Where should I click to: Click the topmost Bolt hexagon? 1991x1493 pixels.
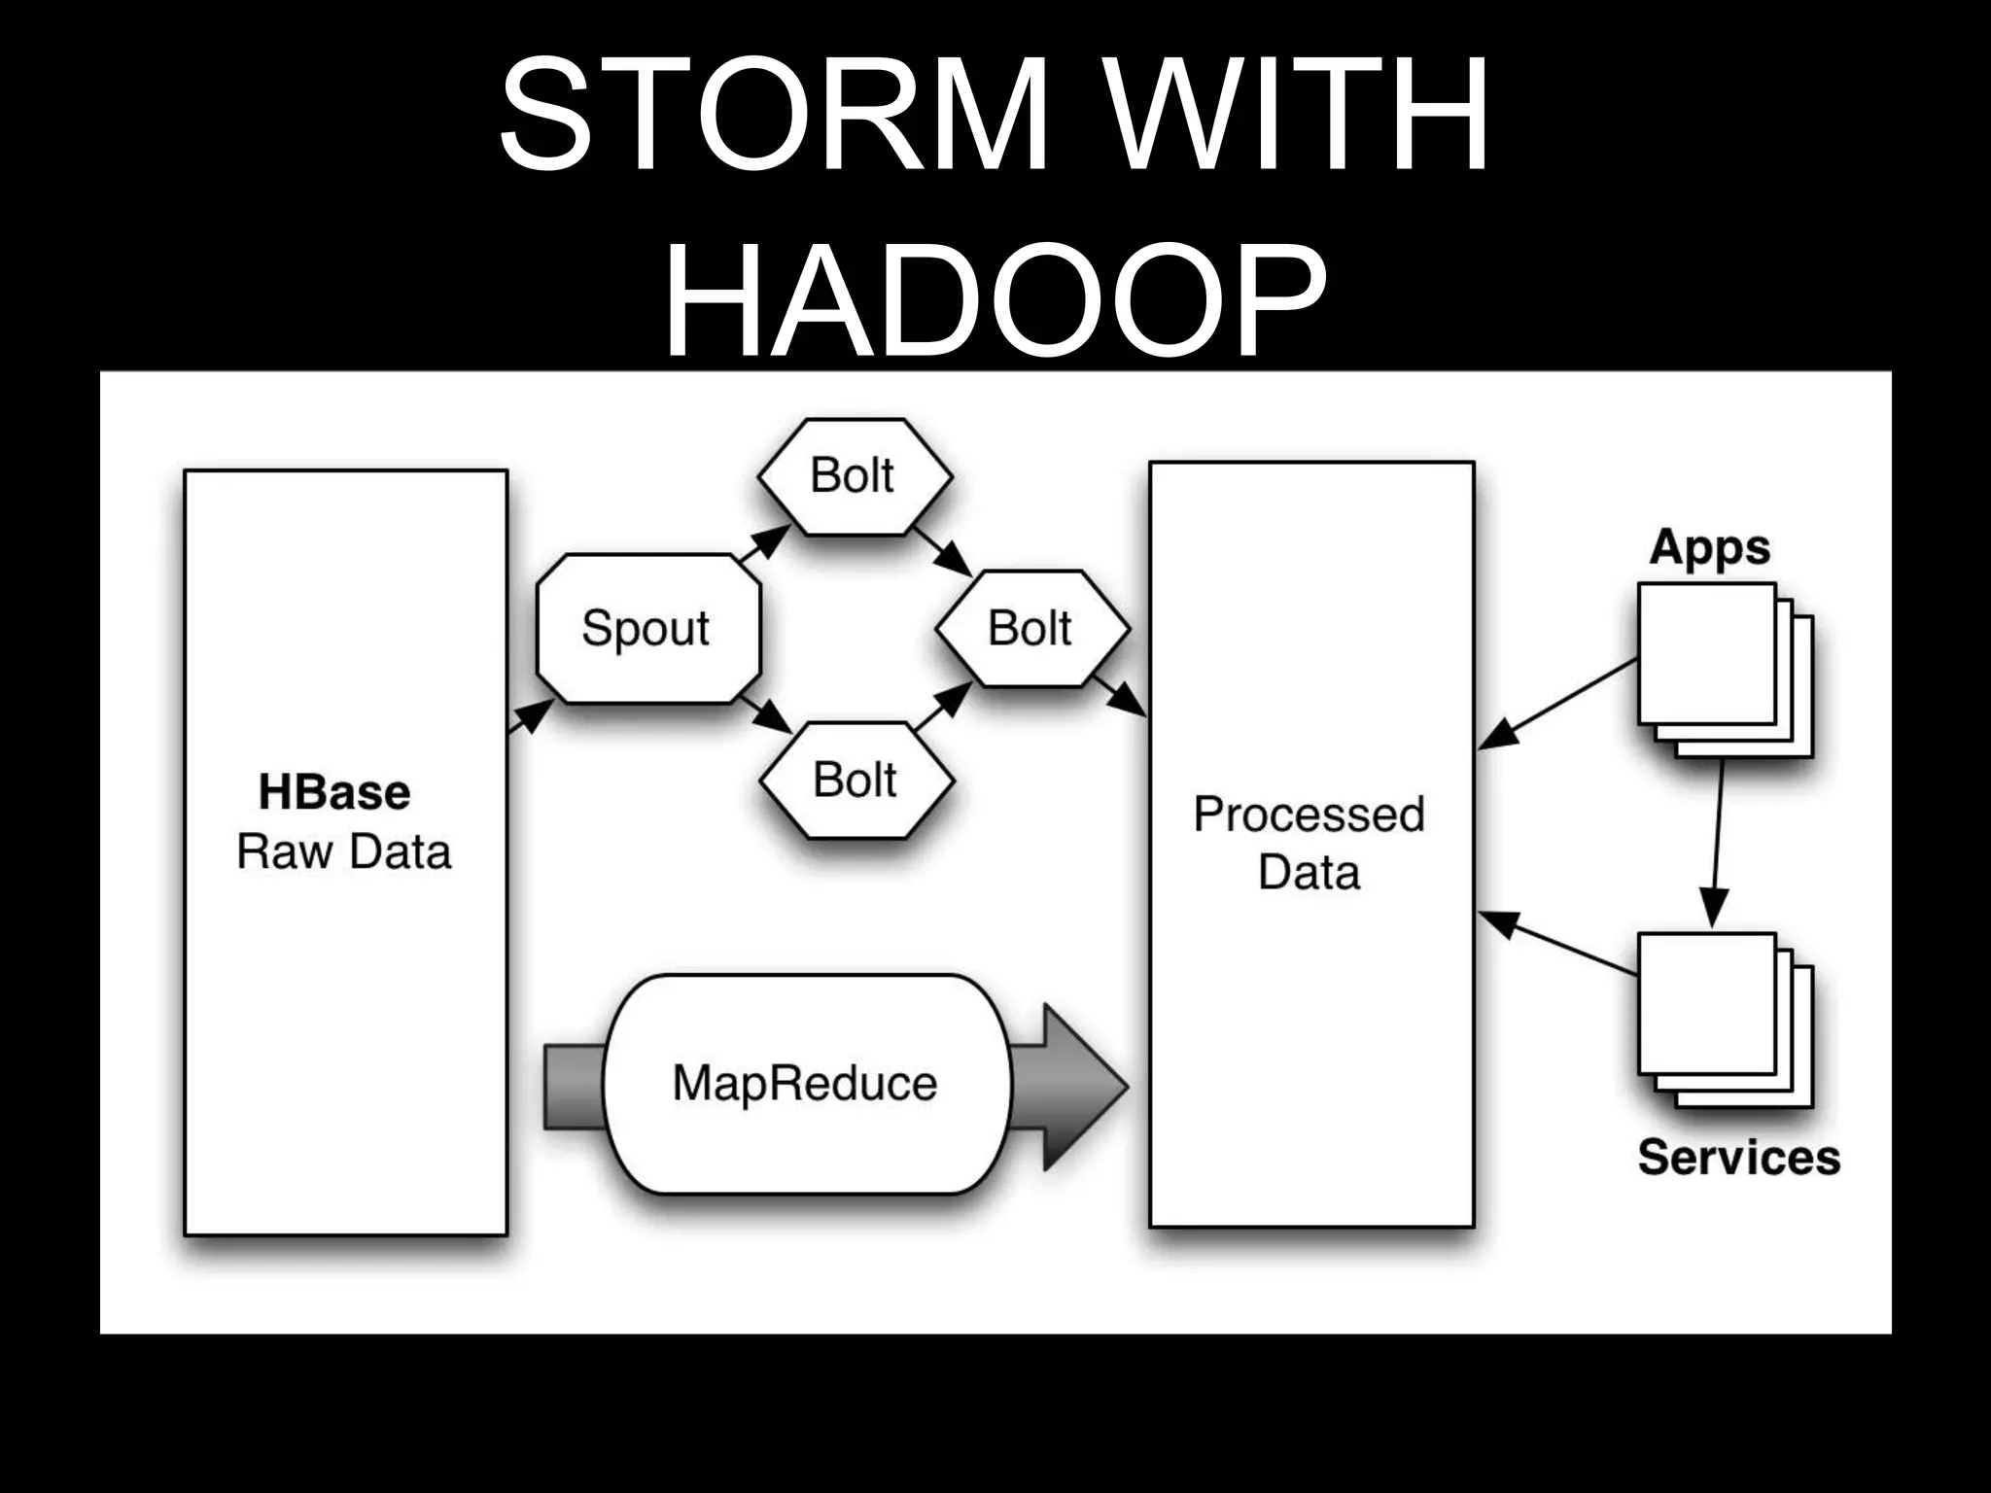click(854, 476)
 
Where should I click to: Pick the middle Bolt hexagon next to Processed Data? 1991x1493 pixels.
click(1030, 628)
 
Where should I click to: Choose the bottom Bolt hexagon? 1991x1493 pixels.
click(856, 780)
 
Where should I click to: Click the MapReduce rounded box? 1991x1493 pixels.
click(805, 1083)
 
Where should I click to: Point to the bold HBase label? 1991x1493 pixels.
click(334, 792)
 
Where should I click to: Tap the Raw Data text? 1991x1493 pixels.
click(344, 851)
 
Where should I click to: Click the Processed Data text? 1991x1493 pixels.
click(1309, 842)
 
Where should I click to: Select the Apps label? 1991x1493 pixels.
click(1709, 547)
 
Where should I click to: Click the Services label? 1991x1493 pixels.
click(1738, 1157)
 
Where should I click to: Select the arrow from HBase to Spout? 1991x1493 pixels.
click(530, 716)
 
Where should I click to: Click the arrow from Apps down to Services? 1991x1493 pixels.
click(1716, 841)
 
